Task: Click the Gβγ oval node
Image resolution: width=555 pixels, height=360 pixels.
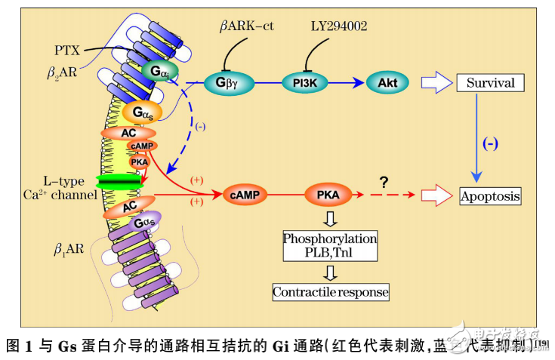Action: tap(227, 82)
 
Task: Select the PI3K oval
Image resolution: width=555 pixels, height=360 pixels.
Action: tap(305, 82)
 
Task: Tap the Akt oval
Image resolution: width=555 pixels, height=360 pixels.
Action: tap(387, 82)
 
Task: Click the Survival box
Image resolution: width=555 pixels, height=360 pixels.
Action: tap(490, 82)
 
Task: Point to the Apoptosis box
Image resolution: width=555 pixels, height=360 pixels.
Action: tap(491, 196)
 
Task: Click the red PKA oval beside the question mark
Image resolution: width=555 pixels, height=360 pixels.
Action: tap(328, 196)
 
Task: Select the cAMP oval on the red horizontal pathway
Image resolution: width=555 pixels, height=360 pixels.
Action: tap(245, 196)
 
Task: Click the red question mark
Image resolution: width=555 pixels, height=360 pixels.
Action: tap(384, 183)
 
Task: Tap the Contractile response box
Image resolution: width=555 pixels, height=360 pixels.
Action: tap(331, 291)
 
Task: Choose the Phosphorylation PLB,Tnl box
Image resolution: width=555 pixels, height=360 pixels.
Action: tap(330, 245)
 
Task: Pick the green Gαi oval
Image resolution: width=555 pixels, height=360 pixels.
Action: tap(159, 72)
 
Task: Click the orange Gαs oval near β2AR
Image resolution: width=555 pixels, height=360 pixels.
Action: tap(143, 113)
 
